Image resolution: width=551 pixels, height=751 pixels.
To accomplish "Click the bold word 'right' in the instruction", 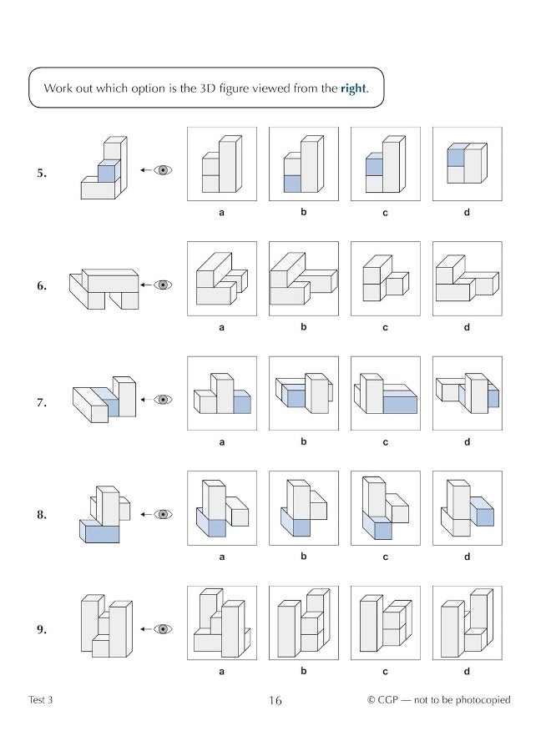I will click(x=353, y=89).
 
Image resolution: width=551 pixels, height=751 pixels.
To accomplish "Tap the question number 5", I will click(x=42, y=174).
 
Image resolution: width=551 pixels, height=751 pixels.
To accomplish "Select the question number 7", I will click(x=42, y=402).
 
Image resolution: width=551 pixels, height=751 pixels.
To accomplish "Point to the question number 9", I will click(x=42, y=630).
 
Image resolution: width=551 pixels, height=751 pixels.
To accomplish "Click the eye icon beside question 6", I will click(x=164, y=285).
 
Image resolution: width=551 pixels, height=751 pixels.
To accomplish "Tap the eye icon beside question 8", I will click(x=164, y=515).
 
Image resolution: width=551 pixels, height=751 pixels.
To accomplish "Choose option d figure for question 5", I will click(x=466, y=164).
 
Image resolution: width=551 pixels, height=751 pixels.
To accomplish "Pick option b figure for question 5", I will click(x=303, y=164).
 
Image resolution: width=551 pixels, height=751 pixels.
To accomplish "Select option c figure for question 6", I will click(x=385, y=280).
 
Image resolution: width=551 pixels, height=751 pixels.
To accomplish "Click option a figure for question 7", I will click(x=222, y=394).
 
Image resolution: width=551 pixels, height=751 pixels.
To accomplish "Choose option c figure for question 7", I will click(x=385, y=394).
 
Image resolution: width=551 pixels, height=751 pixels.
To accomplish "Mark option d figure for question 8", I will click(x=466, y=508).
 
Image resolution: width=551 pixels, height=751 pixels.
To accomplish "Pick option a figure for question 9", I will click(x=222, y=622).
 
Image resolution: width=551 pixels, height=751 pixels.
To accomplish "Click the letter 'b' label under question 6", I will click(x=304, y=327).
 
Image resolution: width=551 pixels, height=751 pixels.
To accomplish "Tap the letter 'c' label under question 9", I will click(x=385, y=670).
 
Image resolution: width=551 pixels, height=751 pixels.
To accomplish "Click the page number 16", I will click(x=275, y=701).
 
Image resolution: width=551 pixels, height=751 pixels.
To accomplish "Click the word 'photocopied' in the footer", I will click(x=482, y=700).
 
